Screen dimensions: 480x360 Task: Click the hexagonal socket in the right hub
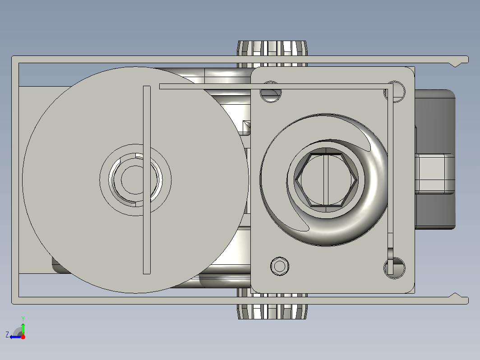click(326, 180)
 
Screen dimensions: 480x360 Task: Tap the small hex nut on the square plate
click(280, 266)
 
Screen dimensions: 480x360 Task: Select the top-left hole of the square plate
click(271, 92)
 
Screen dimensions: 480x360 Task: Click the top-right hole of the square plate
click(395, 92)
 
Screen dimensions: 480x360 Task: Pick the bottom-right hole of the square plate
click(395, 268)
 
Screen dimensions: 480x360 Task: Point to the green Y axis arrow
click(23, 329)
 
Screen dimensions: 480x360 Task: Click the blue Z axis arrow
click(15, 337)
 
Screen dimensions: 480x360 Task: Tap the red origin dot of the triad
click(23, 337)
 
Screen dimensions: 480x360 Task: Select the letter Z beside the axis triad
click(7, 335)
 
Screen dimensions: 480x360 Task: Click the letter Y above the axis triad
click(23, 319)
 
